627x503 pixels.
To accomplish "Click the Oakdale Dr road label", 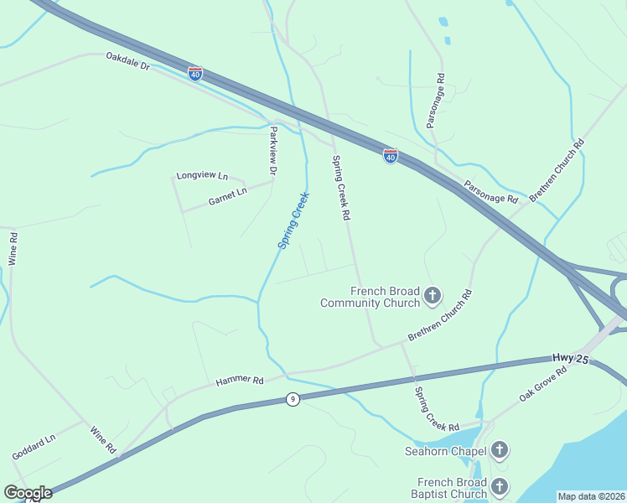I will tap(127, 60).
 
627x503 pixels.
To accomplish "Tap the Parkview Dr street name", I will tap(272, 151).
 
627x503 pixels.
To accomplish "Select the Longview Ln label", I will tap(202, 176).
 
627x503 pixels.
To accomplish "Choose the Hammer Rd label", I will tap(240, 381).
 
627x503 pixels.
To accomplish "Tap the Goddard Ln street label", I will tap(34, 446).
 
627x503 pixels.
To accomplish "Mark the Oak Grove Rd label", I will tap(543, 382).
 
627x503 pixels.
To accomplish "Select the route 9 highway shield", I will tap(292, 400).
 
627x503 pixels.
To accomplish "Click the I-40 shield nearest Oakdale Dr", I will tap(195, 74).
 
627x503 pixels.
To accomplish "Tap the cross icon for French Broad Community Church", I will tap(433, 295).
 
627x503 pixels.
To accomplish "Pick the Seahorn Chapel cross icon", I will tap(499, 451).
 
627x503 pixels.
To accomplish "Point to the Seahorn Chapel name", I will tap(444, 452).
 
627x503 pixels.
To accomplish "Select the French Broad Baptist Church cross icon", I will tap(500, 486).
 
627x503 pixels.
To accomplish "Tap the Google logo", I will tap(28, 493).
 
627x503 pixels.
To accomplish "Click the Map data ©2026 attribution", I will tap(591, 496).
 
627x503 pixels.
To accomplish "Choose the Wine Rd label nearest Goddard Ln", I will tap(103, 438).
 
